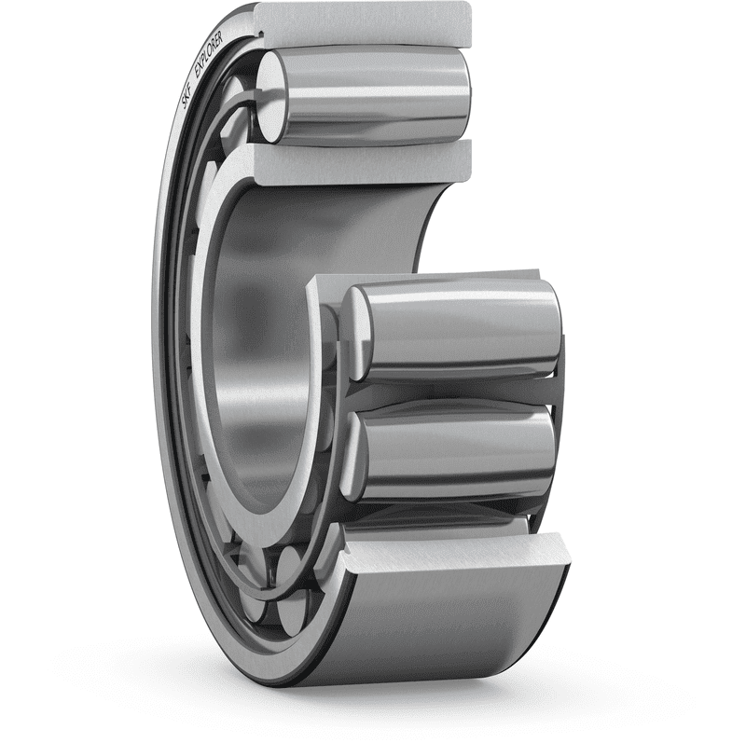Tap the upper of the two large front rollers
[457, 331]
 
